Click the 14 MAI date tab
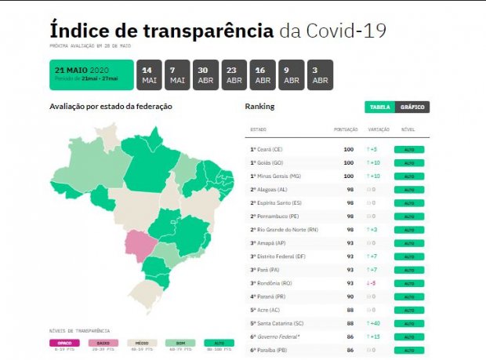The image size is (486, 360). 149,75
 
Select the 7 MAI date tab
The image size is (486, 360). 177,75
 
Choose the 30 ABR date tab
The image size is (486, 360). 206,75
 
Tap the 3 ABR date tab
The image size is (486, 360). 320,75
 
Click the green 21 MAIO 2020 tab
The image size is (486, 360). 91,75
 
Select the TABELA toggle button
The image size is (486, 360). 380,107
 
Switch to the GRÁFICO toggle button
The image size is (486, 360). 412,107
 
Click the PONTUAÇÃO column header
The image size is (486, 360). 346,129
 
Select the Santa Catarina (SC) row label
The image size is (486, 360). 277,322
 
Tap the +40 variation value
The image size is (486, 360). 375,322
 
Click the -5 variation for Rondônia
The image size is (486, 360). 372,282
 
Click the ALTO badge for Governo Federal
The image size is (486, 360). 408,336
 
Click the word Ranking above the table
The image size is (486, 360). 259,106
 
